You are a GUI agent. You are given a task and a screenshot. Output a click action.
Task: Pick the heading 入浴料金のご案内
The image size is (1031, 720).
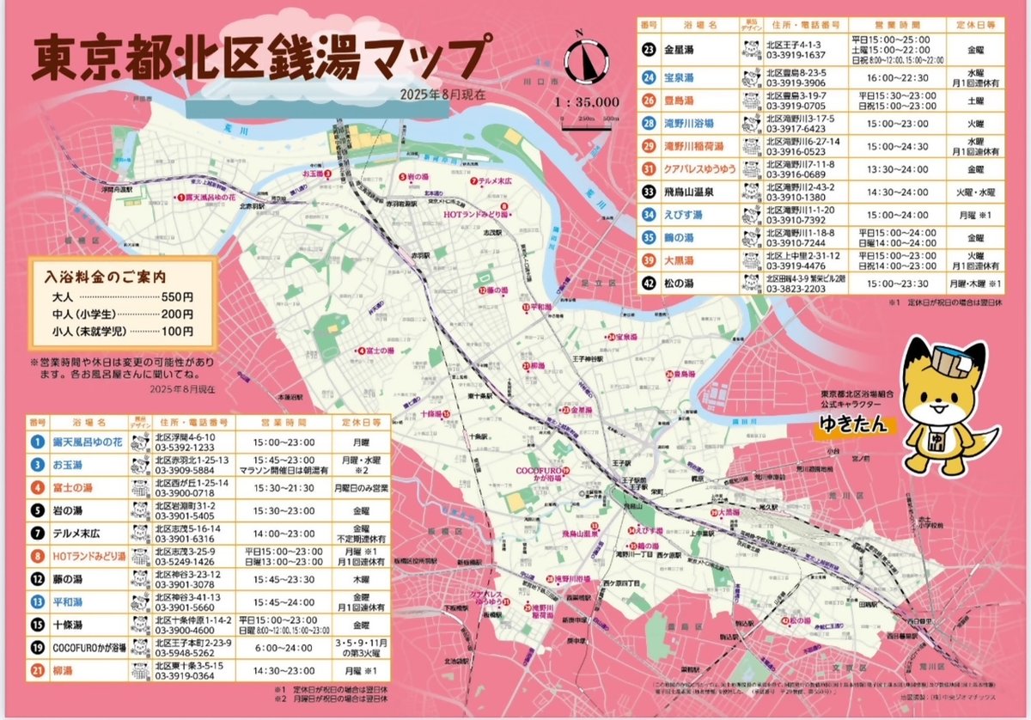(105, 278)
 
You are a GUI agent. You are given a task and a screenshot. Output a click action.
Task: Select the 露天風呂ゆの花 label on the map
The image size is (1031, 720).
(210, 196)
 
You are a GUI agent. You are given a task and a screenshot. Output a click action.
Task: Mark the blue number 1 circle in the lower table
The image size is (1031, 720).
(37, 442)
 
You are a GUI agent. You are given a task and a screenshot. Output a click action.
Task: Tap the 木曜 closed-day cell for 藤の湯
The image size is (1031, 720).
(360, 579)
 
